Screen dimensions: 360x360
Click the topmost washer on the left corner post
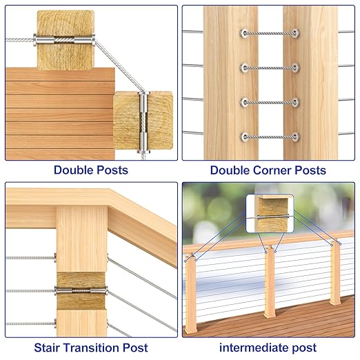click(245, 33)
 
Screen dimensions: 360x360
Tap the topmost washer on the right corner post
click(295, 33)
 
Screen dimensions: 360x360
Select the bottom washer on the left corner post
click(245, 137)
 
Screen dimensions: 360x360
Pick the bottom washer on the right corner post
click(295, 137)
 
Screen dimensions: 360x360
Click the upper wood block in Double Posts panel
click(66, 40)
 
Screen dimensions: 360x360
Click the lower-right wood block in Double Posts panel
click(143, 121)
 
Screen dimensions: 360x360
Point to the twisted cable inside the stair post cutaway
click(81, 290)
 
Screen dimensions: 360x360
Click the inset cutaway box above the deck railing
click(270, 213)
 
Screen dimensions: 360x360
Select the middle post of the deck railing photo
click(270, 281)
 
